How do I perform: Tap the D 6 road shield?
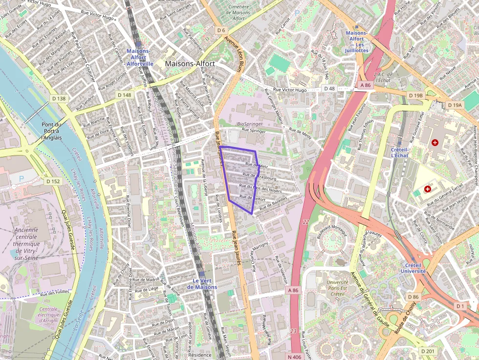coord(221,30)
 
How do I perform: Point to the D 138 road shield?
coord(58,99)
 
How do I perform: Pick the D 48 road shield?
coord(330,88)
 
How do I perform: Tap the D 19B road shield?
coord(415,95)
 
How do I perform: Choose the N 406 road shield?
coord(294,357)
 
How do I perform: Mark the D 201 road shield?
coord(427,351)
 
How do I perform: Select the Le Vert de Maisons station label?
coord(204,284)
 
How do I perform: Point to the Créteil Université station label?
coord(414,268)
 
